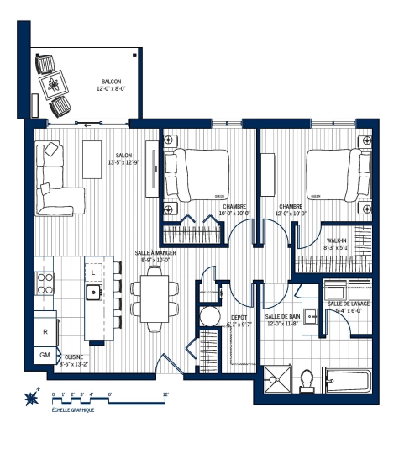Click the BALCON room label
[x=109, y=84]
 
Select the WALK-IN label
[x=337, y=243]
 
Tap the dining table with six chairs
[x=155, y=298]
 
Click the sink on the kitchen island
[x=93, y=293]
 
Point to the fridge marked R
[x=45, y=331]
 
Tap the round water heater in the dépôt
[x=209, y=316]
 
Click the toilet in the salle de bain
[x=307, y=378]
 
